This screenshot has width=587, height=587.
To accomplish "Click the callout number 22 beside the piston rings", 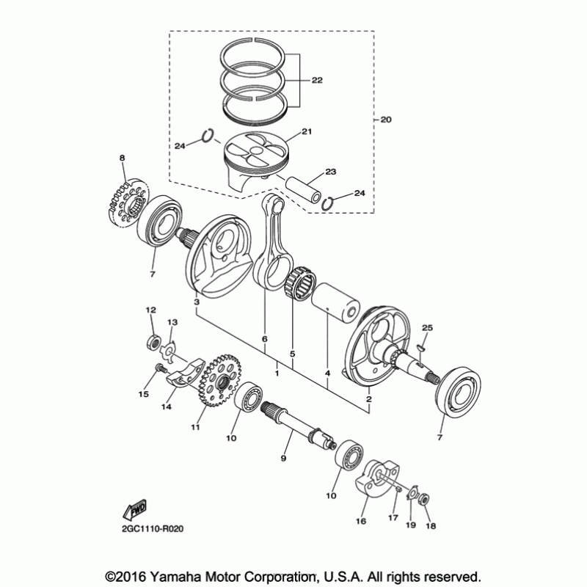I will point(316,81).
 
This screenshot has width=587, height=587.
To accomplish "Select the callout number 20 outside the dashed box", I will point(387,119).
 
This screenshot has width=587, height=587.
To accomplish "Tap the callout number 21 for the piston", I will point(307,132).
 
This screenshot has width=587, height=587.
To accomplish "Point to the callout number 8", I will point(123,158).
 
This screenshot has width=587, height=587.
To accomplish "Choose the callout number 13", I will point(173,323).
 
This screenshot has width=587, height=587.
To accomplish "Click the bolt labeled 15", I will point(158,370).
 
